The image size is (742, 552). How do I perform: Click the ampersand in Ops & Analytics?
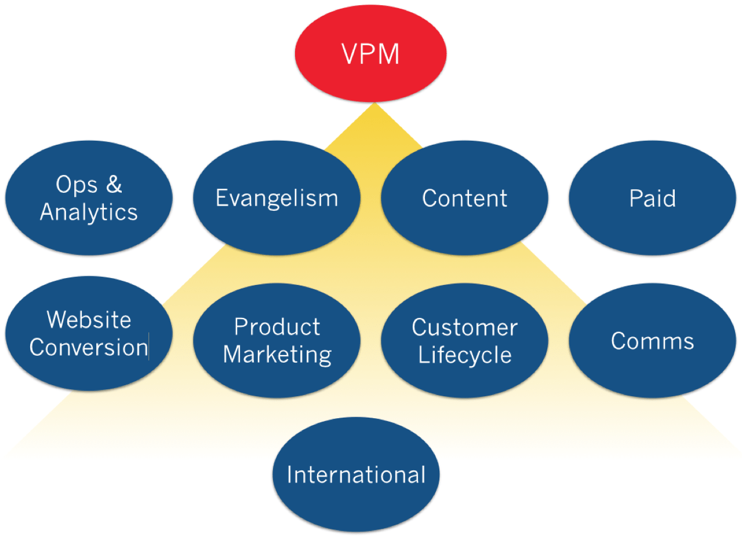click(114, 185)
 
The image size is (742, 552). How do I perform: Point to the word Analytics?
click(89, 213)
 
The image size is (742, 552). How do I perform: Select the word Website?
click(89, 320)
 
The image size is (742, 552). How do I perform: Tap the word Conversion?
click(89, 348)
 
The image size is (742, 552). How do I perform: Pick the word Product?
click(277, 327)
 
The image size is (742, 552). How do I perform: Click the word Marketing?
click(277, 354)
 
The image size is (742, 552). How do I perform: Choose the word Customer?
click(464, 328)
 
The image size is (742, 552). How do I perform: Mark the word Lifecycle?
click(465, 355)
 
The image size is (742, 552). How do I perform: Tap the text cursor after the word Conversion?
click(149, 346)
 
